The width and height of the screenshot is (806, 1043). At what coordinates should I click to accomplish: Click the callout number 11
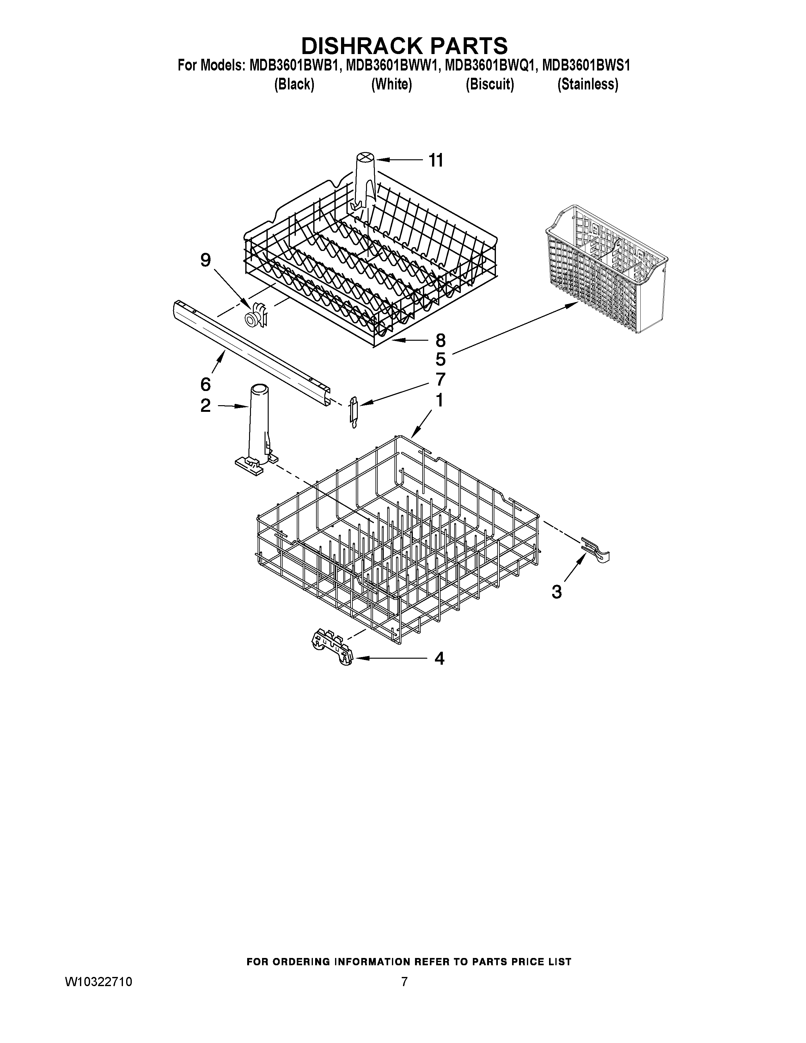436,161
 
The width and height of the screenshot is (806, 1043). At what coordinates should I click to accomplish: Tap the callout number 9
205,260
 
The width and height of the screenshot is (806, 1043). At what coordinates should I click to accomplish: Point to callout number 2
205,406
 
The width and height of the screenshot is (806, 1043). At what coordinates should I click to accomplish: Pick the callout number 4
439,659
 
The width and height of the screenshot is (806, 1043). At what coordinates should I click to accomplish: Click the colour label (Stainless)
588,84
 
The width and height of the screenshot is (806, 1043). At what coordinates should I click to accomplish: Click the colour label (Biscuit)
490,84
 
